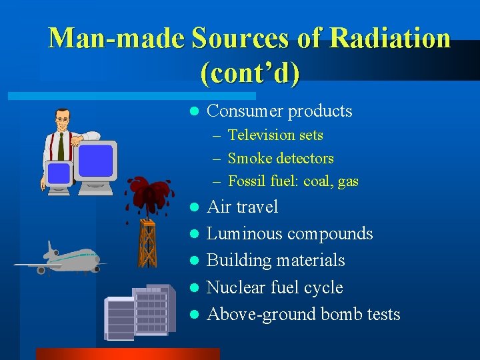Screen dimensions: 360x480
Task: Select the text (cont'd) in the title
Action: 249,72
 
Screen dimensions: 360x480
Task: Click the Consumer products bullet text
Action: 279,111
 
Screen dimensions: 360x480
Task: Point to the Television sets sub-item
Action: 275,135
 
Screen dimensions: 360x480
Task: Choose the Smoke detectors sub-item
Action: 281,159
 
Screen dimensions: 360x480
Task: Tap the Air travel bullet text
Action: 243,207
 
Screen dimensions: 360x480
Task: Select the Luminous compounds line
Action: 290,234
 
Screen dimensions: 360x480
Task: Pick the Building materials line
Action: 276,261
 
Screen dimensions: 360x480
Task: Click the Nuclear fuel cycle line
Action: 275,288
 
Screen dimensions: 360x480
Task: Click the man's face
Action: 63,122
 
